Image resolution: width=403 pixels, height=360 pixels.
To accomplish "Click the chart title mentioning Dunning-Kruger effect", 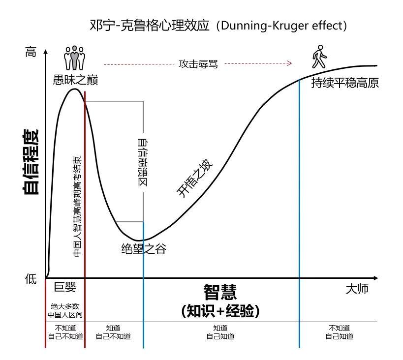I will (x=219, y=25).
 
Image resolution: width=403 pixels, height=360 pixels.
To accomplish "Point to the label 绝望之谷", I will (x=143, y=249).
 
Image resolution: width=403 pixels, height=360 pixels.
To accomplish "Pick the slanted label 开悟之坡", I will (x=196, y=180).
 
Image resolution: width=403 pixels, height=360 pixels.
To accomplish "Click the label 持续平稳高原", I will (x=345, y=83).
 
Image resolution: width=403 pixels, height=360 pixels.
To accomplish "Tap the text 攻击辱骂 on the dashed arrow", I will (x=198, y=64).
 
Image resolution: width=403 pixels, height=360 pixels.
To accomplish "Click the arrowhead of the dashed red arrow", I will (x=290, y=63).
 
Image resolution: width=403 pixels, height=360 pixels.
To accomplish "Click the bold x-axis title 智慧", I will (x=220, y=292).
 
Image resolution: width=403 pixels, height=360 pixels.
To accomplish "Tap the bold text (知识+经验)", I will (x=220, y=311).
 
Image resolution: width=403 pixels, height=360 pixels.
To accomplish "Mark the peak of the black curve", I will (x=74, y=89).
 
